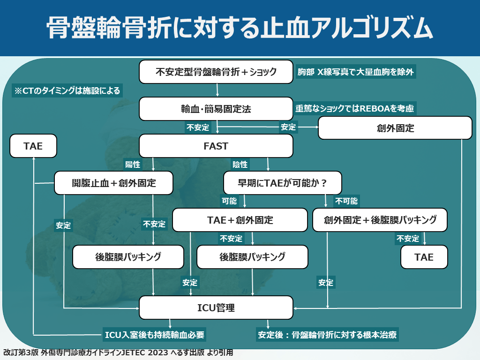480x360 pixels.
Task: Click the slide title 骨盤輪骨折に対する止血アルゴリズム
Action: [x=240, y=28]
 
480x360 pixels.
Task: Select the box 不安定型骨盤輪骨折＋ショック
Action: [x=216, y=72]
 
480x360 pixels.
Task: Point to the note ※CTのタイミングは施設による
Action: [x=67, y=90]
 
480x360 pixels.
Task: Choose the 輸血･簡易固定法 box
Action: [x=216, y=109]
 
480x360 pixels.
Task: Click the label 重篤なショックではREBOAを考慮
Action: [x=354, y=108]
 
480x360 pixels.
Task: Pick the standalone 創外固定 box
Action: [x=395, y=128]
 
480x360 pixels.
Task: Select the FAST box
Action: [x=216, y=146]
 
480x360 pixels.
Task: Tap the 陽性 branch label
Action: [x=133, y=165]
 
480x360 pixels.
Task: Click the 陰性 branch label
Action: [x=240, y=165]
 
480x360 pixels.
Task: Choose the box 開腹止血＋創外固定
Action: [x=114, y=183]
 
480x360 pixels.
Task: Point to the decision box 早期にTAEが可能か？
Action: [x=282, y=183]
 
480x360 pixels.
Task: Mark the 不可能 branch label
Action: [x=346, y=201]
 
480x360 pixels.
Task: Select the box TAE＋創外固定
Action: [x=240, y=220]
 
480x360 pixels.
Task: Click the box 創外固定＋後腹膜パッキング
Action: [x=380, y=220]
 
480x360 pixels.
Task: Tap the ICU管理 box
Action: [x=216, y=308]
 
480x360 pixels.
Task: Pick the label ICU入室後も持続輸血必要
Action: [x=155, y=335]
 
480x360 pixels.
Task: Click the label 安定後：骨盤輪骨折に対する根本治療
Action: [x=327, y=335]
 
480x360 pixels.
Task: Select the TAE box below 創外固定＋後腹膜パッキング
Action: [x=424, y=257]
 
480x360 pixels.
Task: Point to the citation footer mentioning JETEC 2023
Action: [x=117, y=352]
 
